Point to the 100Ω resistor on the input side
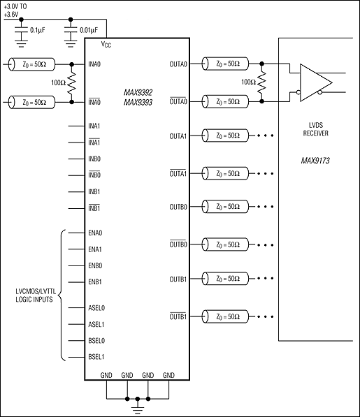pos(71,83)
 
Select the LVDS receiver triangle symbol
pos(313,82)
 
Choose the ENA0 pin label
pos(94,233)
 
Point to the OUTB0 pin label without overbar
pos(177,206)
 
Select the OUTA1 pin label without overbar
pos(177,136)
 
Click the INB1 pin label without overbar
pos(94,191)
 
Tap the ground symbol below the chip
pos(138,404)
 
